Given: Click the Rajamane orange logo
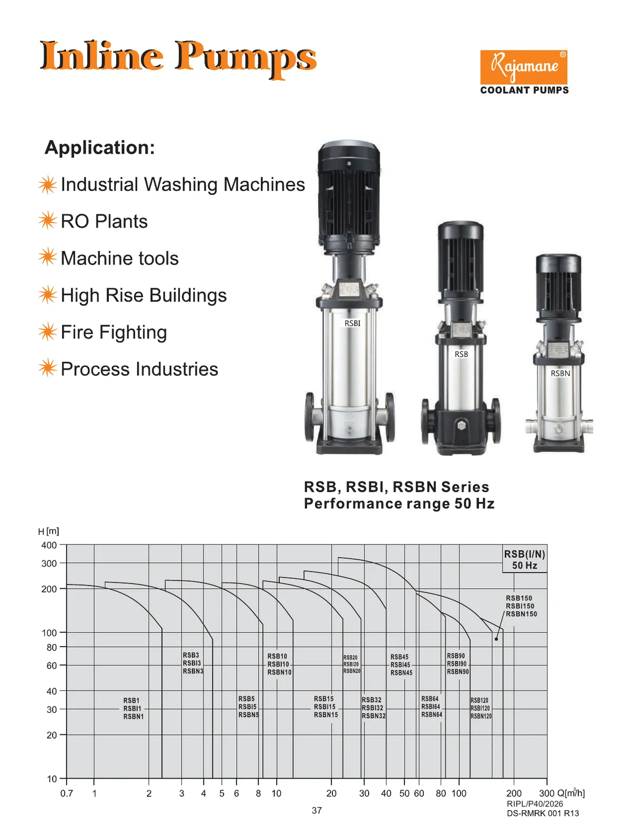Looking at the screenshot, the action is [523, 67].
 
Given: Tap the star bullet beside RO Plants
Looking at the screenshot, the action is [48, 220].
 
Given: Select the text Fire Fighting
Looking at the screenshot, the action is [114, 332].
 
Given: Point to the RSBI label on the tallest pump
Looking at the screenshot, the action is [352, 324].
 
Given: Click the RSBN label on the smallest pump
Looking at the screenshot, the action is [560, 374].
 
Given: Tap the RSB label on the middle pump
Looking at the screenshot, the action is [461, 354].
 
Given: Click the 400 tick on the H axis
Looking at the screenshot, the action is [49, 546].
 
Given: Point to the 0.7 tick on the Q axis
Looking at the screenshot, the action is [67, 793].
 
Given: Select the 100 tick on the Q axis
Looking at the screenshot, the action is [459, 793].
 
